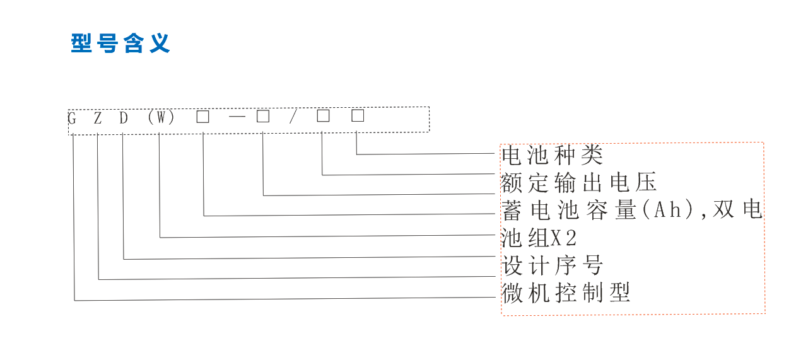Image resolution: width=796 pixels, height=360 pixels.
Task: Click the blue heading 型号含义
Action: tap(120, 44)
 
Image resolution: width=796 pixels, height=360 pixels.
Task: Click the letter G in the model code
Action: tap(73, 118)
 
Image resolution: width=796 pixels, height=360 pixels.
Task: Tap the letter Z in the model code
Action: tap(98, 118)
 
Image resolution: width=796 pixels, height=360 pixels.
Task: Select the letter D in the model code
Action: tap(124, 118)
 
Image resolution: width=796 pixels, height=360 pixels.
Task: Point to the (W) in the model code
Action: tap(161, 118)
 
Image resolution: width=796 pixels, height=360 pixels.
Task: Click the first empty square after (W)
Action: tap(202, 117)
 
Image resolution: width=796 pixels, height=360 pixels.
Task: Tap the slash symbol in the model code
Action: tap(292, 118)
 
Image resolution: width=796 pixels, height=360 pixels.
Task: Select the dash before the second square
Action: tap(237, 117)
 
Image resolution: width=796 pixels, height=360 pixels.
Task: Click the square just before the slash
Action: tap(263, 117)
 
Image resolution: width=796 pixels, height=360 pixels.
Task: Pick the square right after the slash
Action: tap(323, 116)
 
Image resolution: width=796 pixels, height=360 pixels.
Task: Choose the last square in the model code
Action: tap(358, 116)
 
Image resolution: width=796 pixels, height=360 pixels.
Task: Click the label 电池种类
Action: tap(552, 155)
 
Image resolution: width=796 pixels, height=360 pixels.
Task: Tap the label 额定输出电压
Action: tap(578, 182)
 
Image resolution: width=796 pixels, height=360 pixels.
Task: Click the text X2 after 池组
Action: tap(565, 238)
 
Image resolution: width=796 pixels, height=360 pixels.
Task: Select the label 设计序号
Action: tap(552, 265)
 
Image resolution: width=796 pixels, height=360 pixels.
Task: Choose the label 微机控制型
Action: tap(566, 293)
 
